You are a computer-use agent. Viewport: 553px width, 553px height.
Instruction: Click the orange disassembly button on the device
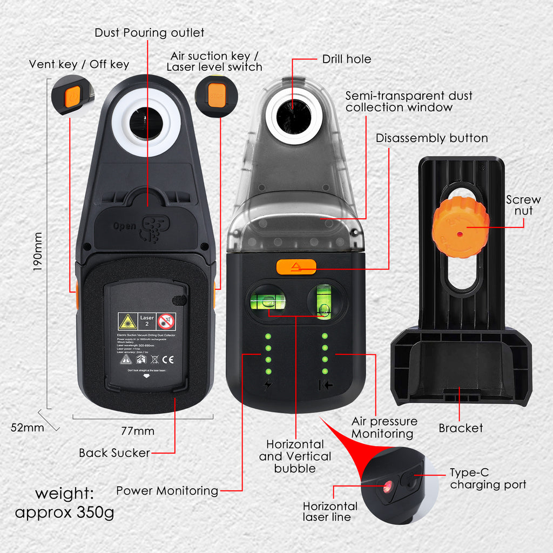tap(296, 267)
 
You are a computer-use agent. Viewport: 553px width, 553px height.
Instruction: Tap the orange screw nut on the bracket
tap(460, 227)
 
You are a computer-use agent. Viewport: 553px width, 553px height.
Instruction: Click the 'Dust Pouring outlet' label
tap(149, 33)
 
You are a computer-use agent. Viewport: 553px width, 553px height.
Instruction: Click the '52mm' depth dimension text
tap(27, 427)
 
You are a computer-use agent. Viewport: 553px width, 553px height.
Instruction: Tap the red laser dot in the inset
tap(387, 488)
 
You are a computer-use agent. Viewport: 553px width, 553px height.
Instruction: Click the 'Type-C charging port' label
tap(488, 479)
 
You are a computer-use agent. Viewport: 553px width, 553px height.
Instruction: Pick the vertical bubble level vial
tap(324, 302)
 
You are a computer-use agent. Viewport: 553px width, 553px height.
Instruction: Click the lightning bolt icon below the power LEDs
tap(267, 386)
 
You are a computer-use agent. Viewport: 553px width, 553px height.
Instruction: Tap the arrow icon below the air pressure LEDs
tap(325, 386)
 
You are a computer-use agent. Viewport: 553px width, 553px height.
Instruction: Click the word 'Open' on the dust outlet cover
tap(124, 226)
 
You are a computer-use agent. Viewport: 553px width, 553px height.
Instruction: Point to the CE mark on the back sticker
tap(168, 358)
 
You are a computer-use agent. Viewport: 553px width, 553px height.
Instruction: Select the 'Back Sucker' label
tap(114, 453)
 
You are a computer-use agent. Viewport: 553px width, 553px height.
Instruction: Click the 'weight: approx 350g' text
tap(64, 503)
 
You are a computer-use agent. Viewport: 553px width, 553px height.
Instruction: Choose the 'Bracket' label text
tap(460, 428)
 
